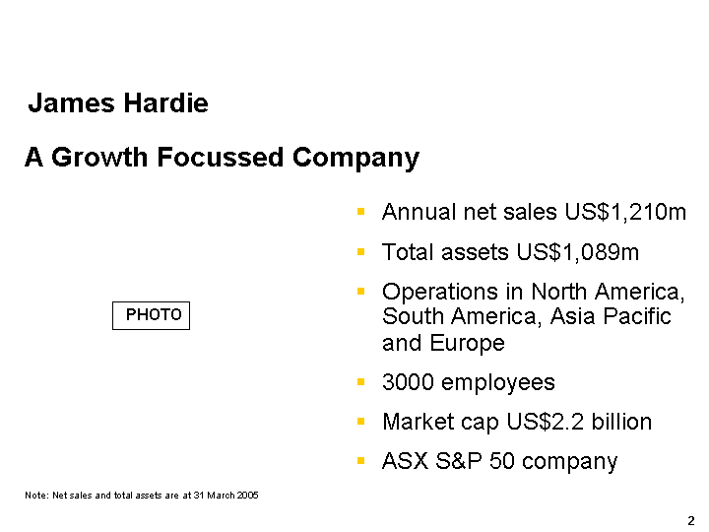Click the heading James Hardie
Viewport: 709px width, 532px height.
pyautogui.click(x=118, y=102)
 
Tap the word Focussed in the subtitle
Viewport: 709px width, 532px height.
pyautogui.click(x=221, y=157)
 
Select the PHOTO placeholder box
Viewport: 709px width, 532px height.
pyautogui.click(x=151, y=315)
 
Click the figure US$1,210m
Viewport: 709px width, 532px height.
pyautogui.click(x=625, y=212)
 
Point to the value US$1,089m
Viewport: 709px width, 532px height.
pyautogui.click(x=578, y=252)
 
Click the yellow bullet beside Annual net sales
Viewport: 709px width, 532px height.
pyautogui.click(x=360, y=211)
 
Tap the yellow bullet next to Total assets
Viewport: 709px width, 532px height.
pyautogui.click(x=360, y=251)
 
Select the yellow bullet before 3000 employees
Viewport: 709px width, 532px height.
pyautogui.click(x=360, y=382)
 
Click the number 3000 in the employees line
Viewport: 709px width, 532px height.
pyautogui.click(x=408, y=382)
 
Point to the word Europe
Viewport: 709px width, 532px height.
pyautogui.click(x=467, y=343)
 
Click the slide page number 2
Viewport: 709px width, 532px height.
pyautogui.click(x=691, y=521)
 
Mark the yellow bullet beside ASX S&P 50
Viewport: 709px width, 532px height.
pyautogui.click(x=360, y=461)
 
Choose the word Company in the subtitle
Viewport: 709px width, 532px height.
pyautogui.click(x=355, y=159)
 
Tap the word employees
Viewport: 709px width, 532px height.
pyautogui.click(x=498, y=383)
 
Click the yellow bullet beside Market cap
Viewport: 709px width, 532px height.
pyautogui.click(x=360, y=422)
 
